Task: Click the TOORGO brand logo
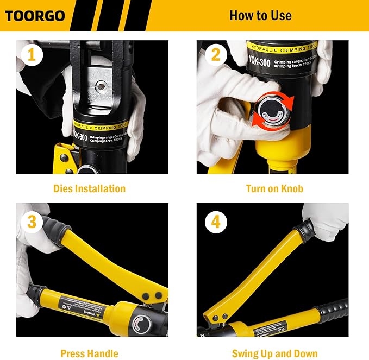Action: click(x=35, y=15)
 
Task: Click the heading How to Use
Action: click(x=260, y=15)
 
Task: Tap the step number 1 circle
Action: click(x=31, y=55)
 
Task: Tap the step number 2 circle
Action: click(x=215, y=55)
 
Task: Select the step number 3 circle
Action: click(x=31, y=222)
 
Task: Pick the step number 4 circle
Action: click(x=215, y=222)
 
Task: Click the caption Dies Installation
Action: click(x=89, y=189)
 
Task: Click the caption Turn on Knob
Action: click(x=274, y=189)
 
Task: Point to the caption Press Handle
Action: click(x=89, y=353)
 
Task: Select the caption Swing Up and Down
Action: click(x=274, y=353)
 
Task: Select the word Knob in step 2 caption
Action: click(x=291, y=189)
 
